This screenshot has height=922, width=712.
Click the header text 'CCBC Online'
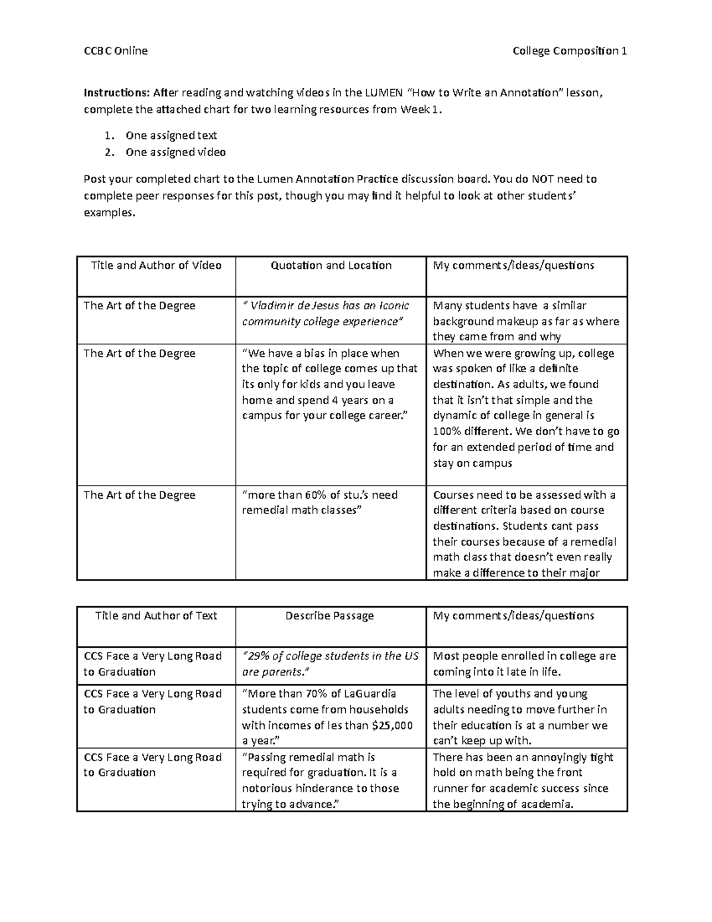point(115,51)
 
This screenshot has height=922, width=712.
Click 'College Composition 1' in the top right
point(570,51)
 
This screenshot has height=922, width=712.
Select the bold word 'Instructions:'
point(117,93)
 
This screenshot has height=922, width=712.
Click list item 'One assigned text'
point(171,135)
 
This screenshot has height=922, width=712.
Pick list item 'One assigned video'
point(175,153)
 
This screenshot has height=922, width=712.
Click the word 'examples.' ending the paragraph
point(109,214)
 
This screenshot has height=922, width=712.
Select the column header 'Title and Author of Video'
point(156,265)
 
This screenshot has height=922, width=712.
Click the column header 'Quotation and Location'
point(331,265)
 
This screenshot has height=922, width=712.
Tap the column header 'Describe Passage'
point(329,616)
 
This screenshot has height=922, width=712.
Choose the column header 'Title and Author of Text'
point(156,616)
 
